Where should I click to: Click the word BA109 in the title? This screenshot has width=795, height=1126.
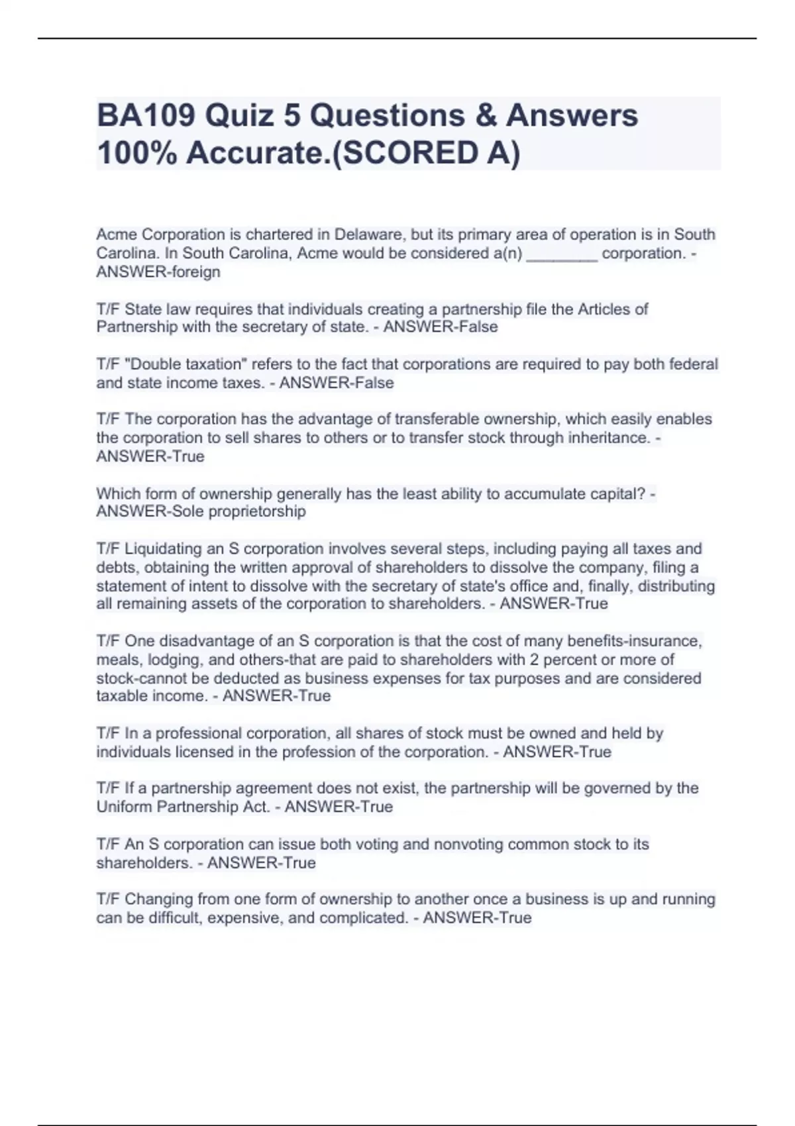tap(146, 115)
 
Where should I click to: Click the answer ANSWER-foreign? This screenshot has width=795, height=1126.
tap(158, 272)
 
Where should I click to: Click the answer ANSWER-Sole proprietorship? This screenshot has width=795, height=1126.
tap(201, 511)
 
